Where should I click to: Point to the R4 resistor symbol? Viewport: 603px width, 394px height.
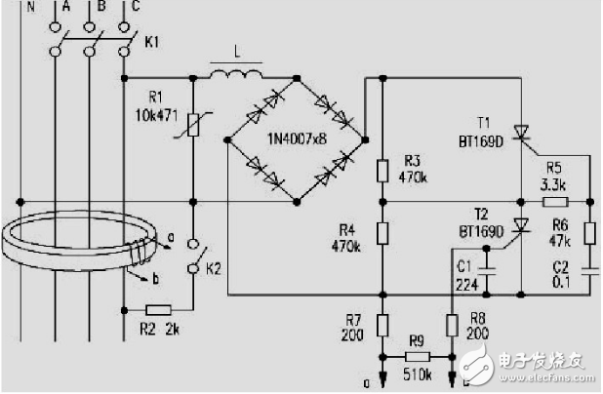(x=382, y=233)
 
